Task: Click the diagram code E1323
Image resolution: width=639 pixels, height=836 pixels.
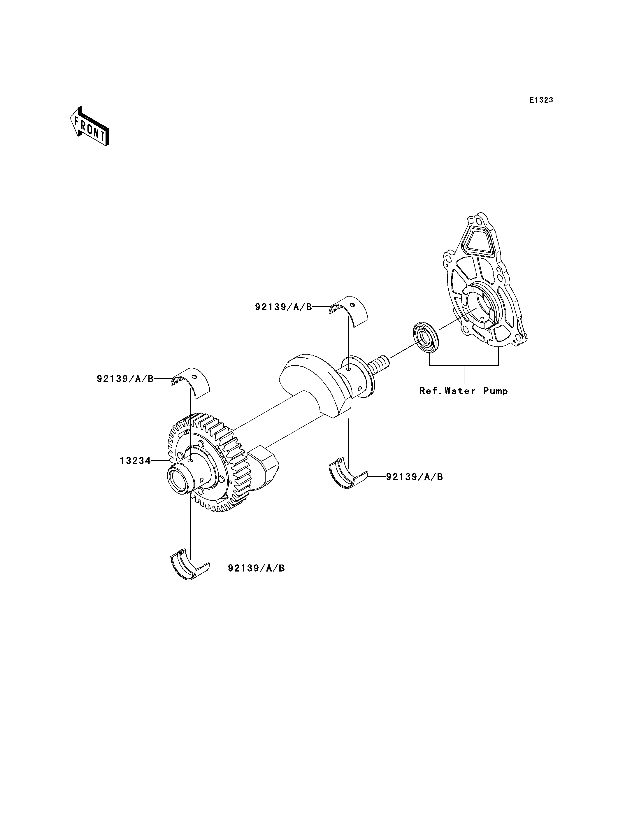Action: tap(541, 100)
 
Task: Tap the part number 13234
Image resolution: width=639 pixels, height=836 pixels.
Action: tap(135, 461)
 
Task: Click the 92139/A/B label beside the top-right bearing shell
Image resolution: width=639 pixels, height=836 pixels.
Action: tap(283, 307)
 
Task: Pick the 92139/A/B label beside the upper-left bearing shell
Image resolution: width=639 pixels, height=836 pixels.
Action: tap(125, 379)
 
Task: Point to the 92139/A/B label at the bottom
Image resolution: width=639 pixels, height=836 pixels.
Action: tap(256, 579)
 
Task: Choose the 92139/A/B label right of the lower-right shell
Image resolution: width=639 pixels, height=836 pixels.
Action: tap(415, 477)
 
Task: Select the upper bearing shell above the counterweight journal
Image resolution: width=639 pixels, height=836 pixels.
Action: tap(348, 311)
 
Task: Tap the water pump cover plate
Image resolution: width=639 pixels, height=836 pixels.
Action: tap(485, 280)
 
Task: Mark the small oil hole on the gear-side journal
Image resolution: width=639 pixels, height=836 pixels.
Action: tap(191, 460)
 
